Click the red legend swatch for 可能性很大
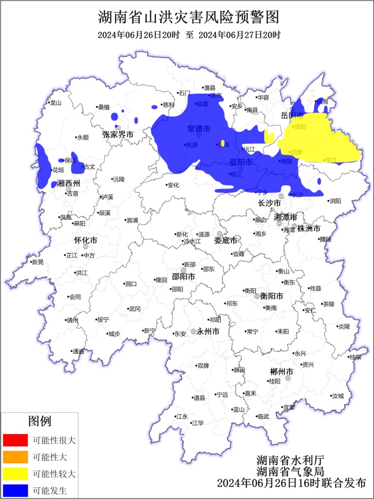pyautogui.click(x=15, y=440)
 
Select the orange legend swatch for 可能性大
pyautogui.click(x=15, y=456)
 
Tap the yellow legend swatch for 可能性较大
pyautogui.click(x=15, y=473)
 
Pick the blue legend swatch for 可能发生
pyautogui.click(x=15, y=490)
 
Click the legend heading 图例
pyautogui.click(x=40, y=421)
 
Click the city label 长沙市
pyautogui.click(x=270, y=204)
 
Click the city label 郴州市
pyautogui.click(x=282, y=372)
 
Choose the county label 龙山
pyautogui.click(x=56, y=103)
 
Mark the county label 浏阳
pyautogui.click(x=335, y=201)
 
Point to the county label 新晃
pyautogui.click(x=37, y=262)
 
